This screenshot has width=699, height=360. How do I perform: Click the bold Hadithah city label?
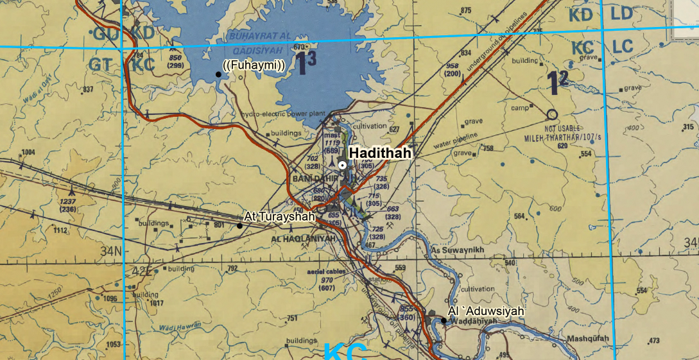click(x=379, y=153)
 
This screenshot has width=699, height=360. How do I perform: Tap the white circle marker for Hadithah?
click(x=343, y=165)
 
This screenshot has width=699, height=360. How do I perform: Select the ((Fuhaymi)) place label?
click(x=254, y=65)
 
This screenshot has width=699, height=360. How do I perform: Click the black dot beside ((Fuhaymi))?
click(x=218, y=74)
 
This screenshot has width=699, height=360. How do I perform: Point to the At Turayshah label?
click(x=280, y=217)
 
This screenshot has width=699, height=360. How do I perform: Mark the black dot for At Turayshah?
click(x=239, y=225)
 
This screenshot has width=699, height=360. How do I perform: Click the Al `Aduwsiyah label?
click(x=487, y=311)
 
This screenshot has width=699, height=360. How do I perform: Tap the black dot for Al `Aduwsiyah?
click(x=444, y=320)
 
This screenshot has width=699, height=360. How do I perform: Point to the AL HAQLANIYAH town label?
click(x=304, y=239)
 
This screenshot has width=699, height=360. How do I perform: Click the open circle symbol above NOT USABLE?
click(x=551, y=115)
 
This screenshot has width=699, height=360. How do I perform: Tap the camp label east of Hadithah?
click(x=519, y=108)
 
